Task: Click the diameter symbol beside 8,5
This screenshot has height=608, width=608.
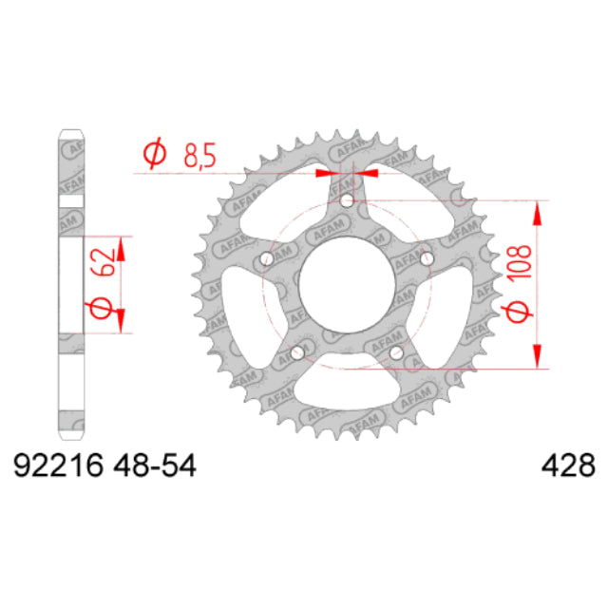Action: click(x=153, y=154)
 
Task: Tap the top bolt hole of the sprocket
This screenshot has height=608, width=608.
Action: click(x=347, y=201)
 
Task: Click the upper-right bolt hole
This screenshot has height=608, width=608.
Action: click(x=427, y=259)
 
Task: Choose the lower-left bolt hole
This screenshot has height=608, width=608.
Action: click(x=296, y=353)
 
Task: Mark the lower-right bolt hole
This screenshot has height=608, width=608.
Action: click(x=397, y=353)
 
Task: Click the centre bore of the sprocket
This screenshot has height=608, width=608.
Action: click(x=347, y=286)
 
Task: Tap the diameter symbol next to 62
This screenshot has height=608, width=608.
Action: click(x=106, y=306)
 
